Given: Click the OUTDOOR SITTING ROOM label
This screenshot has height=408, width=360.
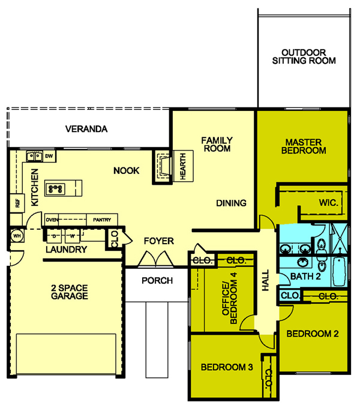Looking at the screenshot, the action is (304, 56).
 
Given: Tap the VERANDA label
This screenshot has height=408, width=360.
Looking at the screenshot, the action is (86, 129).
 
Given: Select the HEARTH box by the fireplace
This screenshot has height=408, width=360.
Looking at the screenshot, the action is (183, 166).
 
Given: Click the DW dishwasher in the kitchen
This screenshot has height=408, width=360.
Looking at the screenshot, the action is (49, 156).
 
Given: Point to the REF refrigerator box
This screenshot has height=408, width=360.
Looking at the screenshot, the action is (17, 203).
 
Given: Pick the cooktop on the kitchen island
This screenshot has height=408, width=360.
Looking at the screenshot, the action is (55, 188).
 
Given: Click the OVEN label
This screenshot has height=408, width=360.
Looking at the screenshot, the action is (52, 220).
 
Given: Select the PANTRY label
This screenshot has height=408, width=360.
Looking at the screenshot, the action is (102, 220).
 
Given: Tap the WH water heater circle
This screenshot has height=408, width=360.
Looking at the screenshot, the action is (17, 236).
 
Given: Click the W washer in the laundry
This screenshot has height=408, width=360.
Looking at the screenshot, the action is (73, 236).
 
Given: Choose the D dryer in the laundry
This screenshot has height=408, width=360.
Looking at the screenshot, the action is (54, 236).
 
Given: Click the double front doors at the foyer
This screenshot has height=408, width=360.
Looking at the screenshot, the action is (155, 259).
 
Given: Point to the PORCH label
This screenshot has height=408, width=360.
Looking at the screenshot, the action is (157, 281).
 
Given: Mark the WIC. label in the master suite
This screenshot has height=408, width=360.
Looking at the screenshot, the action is (329, 202).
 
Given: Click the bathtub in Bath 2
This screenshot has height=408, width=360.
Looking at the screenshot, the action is (339, 271).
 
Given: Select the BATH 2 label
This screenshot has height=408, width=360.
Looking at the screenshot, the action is (305, 277).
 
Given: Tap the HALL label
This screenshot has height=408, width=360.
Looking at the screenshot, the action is (265, 281).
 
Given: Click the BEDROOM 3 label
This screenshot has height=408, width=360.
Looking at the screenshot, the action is (227, 367).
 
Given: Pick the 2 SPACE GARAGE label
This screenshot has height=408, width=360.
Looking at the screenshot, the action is (70, 292).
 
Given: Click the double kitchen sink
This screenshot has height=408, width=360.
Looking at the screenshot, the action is (34, 157).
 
